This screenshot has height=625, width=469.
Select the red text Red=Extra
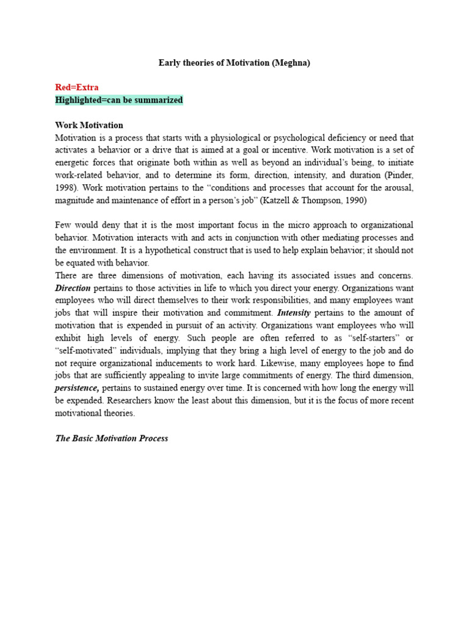coord(76,87)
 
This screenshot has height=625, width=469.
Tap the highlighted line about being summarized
coord(118,100)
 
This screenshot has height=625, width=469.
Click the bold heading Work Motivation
coord(89,125)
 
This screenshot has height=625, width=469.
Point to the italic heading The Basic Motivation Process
coord(111,438)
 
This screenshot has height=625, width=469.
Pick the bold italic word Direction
coord(73,288)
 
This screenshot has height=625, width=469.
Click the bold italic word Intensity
coord(294,312)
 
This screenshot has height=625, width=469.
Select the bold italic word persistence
coord(77,388)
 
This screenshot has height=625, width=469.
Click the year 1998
coord(65,188)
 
